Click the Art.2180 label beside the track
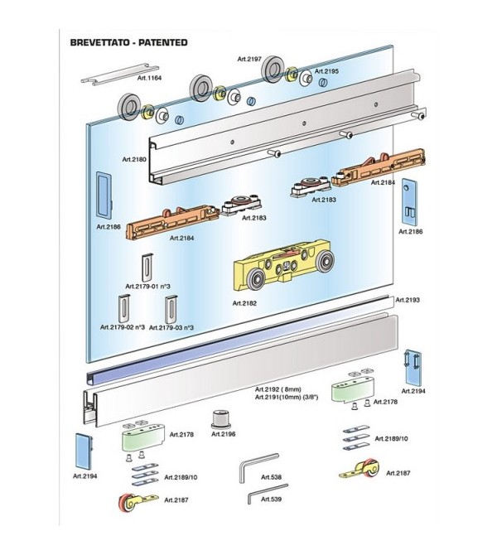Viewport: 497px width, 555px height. coord(133,159)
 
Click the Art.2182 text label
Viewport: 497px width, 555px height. coord(244,303)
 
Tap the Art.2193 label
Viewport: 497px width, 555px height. coord(408,300)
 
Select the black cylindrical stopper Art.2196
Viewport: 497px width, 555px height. coord(223,417)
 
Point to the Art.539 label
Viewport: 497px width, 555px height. coord(271,499)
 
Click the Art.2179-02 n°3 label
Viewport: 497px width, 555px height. coord(123,328)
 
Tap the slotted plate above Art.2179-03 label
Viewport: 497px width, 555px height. coord(171,308)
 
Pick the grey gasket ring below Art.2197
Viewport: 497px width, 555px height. coord(274,74)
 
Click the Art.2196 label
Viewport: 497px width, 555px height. coord(224,433)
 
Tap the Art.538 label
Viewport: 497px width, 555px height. coord(271,477)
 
